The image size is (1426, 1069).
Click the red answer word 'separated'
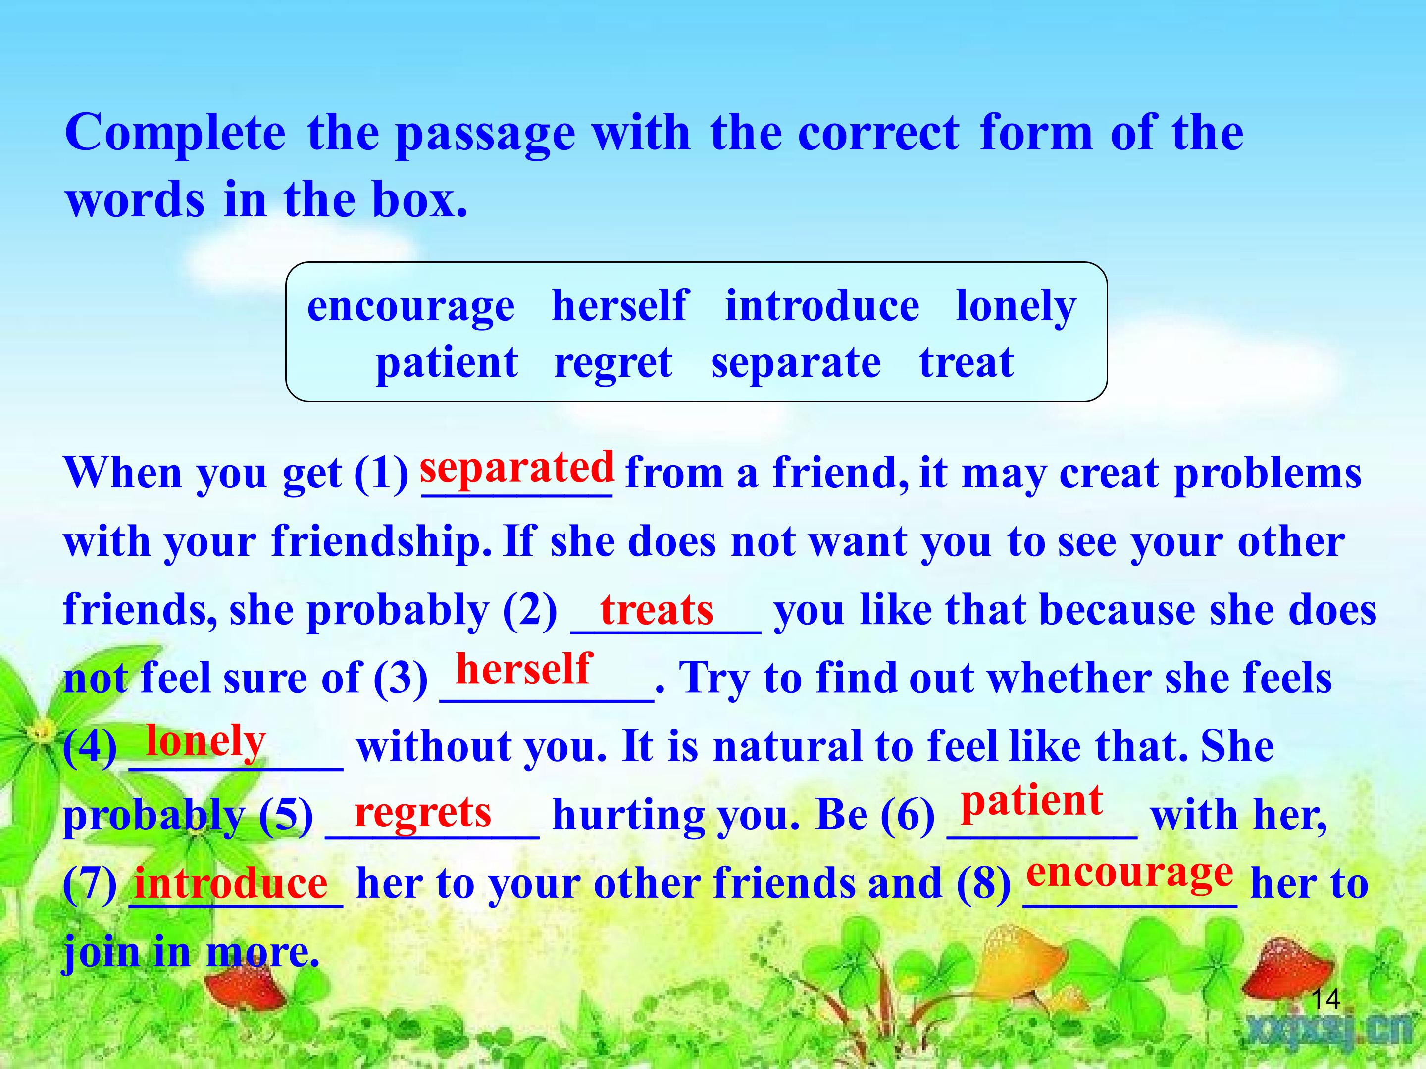click(x=516, y=467)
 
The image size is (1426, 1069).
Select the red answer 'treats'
click(x=657, y=610)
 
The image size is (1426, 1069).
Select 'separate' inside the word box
click(x=796, y=363)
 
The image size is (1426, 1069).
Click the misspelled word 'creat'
click(x=1109, y=474)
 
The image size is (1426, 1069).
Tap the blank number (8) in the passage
click(x=984, y=883)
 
